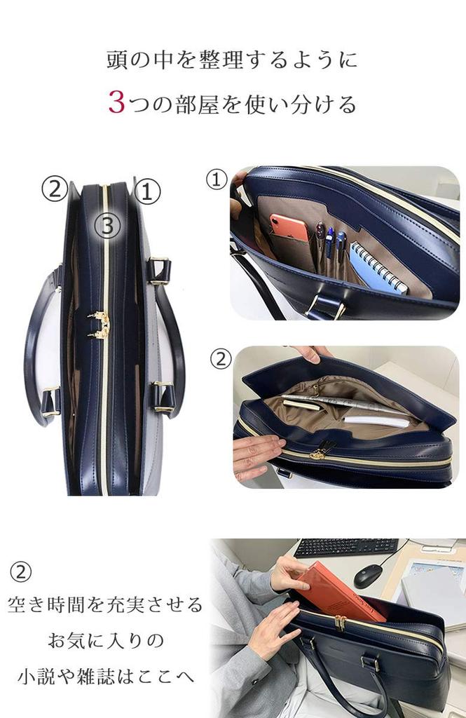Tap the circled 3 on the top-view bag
coord(107,225)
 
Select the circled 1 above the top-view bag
coord(146,191)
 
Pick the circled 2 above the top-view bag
coord(54,189)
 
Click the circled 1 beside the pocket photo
coord(217,180)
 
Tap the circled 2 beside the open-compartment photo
coord(221,359)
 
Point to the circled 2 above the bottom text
coord(20,572)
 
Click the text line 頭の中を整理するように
coord(232,60)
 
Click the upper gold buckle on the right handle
coord(160,270)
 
